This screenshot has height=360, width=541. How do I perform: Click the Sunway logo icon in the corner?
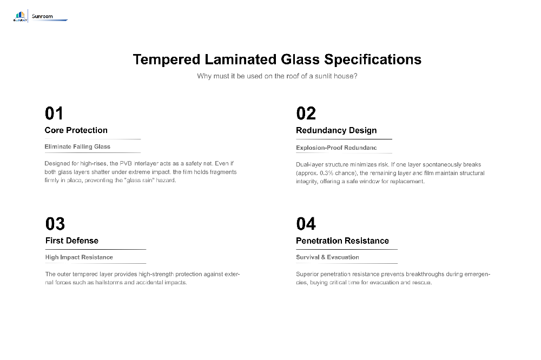pyautogui.click(x=20, y=16)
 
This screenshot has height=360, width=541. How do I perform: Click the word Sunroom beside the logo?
pyautogui.click(x=42, y=16)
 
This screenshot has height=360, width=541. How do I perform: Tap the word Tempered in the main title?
pyautogui.click(x=166, y=59)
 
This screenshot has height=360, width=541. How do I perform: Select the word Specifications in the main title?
pyautogui.click(x=373, y=59)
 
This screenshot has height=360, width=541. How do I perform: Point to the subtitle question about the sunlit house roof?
pyautogui.click(x=277, y=76)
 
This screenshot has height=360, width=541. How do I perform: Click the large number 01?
pyautogui.click(x=54, y=114)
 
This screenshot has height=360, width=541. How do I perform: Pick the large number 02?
pyautogui.click(x=306, y=114)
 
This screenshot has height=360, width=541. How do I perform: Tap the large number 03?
pyautogui.click(x=55, y=224)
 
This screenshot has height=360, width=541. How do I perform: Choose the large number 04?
pyautogui.click(x=306, y=224)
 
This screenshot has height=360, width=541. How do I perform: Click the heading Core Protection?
pyautogui.click(x=76, y=130)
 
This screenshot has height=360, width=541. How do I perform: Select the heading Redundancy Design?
pyautogui.click(x=337, y=130)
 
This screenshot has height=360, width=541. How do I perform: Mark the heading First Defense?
pyautogui.click(x=72, y=241)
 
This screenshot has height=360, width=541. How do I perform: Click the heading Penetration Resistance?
pyautogui.click(x=342, y=241)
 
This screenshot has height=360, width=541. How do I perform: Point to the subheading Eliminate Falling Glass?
pyautogui.click(x=77, y=146)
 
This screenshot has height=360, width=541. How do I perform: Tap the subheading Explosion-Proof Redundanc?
pyautogui.click(x=337, y=148)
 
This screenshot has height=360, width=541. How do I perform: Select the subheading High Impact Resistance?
pyautogui.click(x=79, y=257)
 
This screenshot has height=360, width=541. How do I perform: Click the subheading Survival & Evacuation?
pyautogui.click(x=327, y=257)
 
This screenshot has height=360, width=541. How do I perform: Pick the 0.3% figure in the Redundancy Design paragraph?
pyautogui.click(x=326, y=173)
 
